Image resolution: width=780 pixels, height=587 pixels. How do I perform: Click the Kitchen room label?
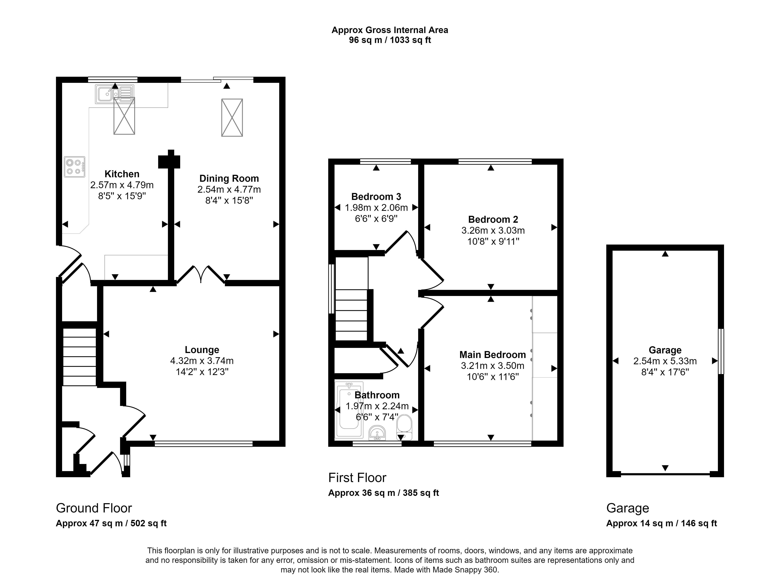122,174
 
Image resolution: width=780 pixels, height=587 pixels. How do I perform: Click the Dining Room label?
229,179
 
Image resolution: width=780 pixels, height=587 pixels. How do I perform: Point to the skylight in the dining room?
232,118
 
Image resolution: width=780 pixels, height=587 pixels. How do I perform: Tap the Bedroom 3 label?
376,196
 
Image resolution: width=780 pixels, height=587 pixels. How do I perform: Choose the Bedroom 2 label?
493,219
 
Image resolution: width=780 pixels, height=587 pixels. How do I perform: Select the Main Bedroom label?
493,355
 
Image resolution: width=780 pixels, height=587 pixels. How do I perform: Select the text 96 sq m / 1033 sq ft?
390,40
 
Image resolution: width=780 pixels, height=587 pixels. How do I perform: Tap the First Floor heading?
357,478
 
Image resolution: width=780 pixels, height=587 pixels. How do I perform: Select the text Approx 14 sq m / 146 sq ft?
662,523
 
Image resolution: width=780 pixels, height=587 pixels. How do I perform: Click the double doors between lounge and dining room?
201,274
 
